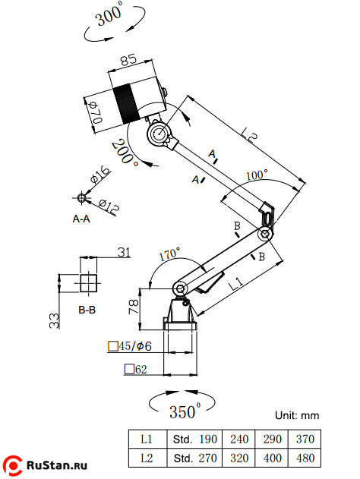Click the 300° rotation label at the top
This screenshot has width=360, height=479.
(x=109, y=16)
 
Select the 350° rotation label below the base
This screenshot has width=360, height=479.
(x=185, y=411)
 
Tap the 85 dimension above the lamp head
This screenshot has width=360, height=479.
(x=128, y=59)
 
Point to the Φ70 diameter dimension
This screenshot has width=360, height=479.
(x=96, y=112)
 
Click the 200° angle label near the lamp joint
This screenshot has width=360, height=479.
(x=125, y=152)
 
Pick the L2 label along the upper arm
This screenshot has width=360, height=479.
(x=249, y=134)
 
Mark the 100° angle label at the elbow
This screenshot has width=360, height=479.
(x=257, y=175)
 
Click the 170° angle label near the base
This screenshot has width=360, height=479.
(x=169, y=254)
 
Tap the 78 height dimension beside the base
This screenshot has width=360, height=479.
(x=134, y=307)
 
